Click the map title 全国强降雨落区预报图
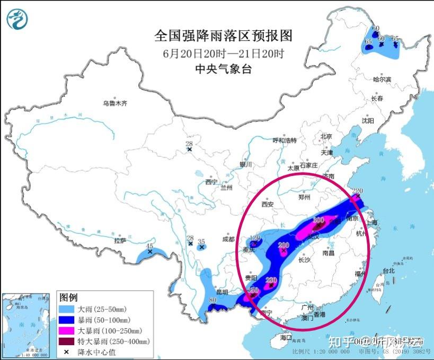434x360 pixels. tap(223, 36)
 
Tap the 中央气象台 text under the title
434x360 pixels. tap(223, 68)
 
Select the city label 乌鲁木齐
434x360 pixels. tap(115, 103)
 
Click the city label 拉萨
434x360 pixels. tap(120, 240)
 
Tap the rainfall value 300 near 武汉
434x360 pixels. tap(318, 220)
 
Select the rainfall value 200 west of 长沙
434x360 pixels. tap(284, 245)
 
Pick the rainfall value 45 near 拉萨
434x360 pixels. tap(150, 246)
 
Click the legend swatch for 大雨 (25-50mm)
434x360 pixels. tap(67, 309)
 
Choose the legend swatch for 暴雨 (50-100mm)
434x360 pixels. tap(67, 320)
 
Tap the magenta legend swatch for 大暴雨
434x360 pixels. tap(67, 330)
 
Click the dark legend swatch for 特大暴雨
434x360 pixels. tap(67, 341)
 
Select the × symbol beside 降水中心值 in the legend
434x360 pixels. tap(67, 352)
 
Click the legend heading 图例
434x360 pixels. tap(69, 297)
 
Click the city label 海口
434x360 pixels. tap(286, 337)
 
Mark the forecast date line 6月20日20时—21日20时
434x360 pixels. tap(223, 53)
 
